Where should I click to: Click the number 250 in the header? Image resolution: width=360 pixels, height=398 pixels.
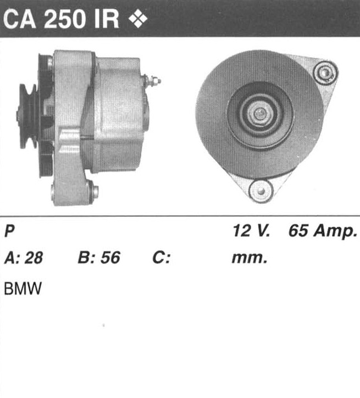tap(64, 19)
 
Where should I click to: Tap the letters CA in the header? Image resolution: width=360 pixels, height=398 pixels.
tap(20, 19)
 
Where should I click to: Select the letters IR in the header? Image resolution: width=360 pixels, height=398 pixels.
tap(107, 19)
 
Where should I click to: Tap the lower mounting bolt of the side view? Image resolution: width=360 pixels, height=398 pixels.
tap(95, 192)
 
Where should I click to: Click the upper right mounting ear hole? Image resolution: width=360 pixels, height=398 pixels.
tap(325, 73)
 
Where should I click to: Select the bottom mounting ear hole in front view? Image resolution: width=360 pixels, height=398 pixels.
tap(261, 191)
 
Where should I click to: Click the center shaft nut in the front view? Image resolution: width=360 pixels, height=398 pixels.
tap(259, 113)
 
